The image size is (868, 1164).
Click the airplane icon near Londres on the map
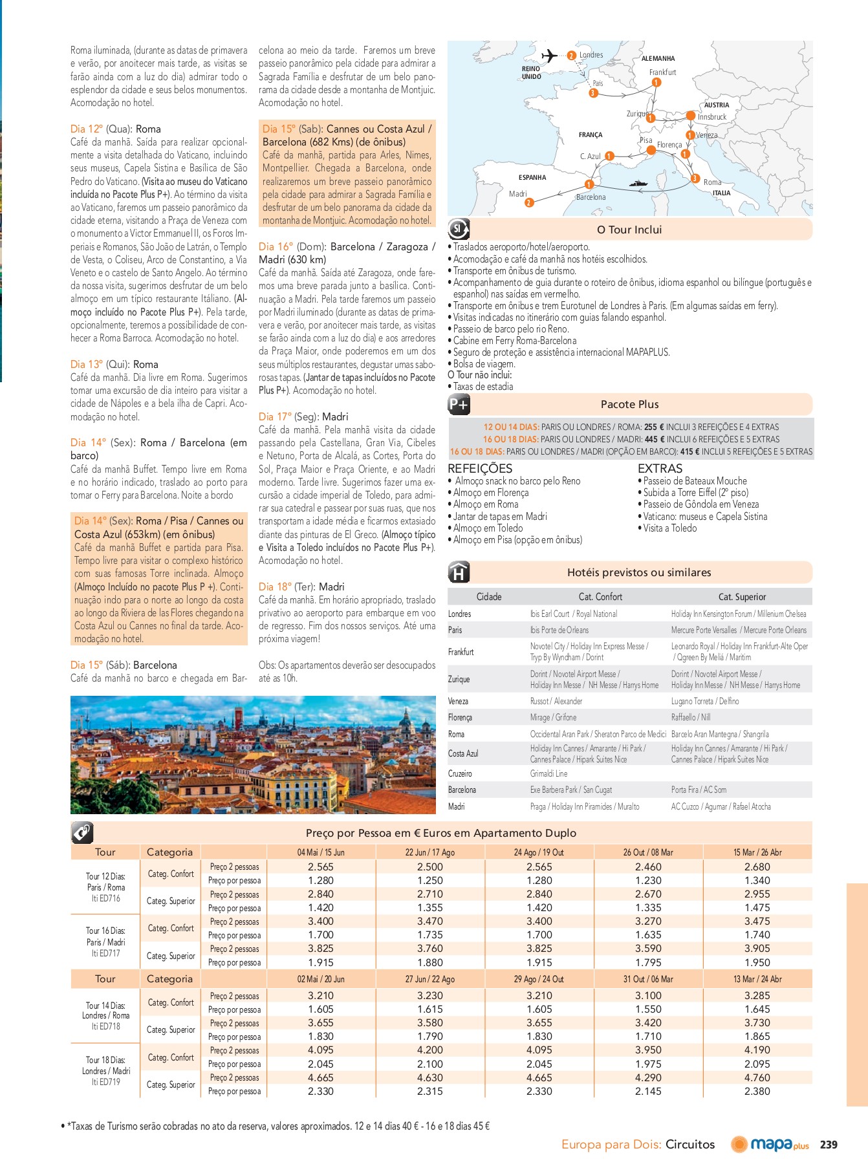549,56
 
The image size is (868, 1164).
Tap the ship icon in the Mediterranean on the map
638,184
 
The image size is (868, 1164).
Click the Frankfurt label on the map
662,72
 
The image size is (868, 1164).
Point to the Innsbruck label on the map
711,117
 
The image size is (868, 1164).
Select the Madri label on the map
517,194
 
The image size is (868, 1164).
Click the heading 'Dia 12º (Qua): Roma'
116,129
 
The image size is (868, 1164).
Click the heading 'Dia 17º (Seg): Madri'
303,416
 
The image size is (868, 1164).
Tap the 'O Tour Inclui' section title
629,230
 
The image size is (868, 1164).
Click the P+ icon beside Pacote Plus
459,405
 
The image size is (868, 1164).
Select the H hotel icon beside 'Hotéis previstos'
459,572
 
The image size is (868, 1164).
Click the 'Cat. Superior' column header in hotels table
741,597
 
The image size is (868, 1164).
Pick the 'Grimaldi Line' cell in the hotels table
548,773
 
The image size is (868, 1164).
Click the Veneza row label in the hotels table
458,701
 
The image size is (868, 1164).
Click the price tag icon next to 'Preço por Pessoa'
82,832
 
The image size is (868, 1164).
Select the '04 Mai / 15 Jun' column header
321,852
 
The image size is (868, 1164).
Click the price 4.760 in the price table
757,1077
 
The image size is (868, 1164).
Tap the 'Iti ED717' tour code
105,953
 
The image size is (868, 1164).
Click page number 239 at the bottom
829,1145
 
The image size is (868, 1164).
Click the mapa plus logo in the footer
770,1145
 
